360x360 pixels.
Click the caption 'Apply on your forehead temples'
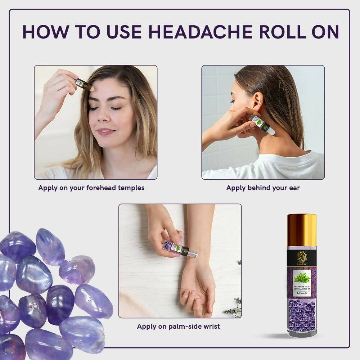pyautogui.click(x=91, y=188)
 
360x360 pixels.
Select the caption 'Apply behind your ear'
pyautogui.click(x=263, y=188)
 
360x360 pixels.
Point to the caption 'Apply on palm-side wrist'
pyautogui.click(x=178, y=327)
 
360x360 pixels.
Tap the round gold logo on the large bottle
pyautogui.click(x=301, y=257)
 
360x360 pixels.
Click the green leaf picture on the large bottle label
pyautogui.click(x=302, y=276)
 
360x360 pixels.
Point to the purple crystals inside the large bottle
pyautogui.click(x=302, y=315)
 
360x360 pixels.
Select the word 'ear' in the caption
pyautogui.click(x=294, y=188)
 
